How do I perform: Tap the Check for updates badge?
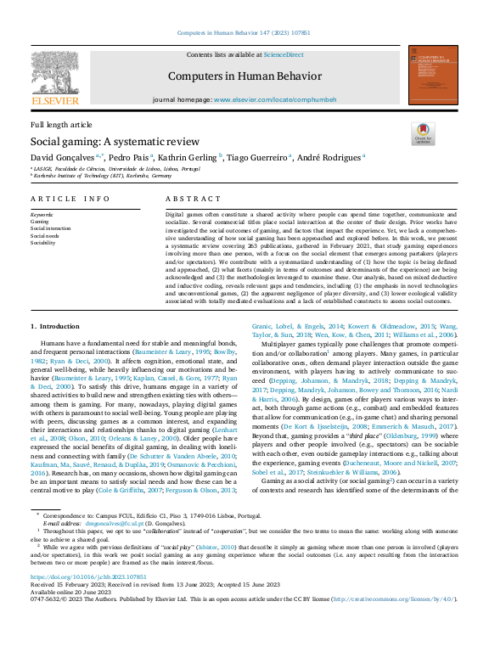point(422,133)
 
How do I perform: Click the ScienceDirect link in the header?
point(284,54)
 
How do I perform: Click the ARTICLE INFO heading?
point(70,198)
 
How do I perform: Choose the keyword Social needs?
point(46,235)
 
